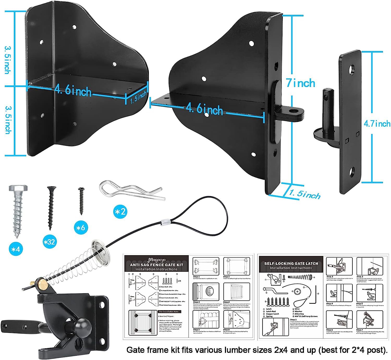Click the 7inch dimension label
(x=301, y=83)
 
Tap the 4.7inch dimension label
(x=377, y=123)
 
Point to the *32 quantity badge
(x=49, y=242)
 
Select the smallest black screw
(x=81, y=201)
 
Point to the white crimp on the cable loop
(x=164, y=222)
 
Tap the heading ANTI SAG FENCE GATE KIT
(x=156, y=265)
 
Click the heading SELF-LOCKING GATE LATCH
(x=291, y=263)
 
